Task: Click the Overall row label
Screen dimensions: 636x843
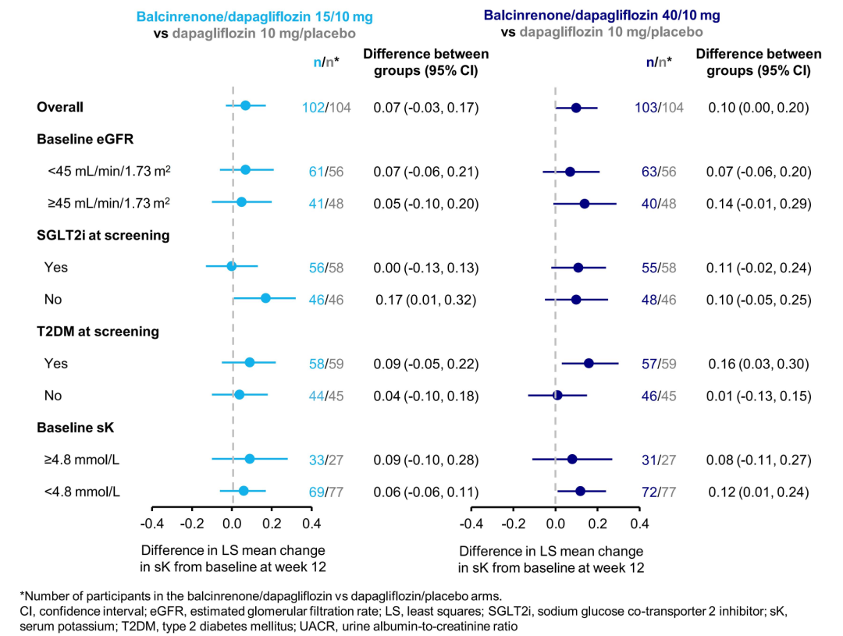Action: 60,108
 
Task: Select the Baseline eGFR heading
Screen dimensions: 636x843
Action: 85,140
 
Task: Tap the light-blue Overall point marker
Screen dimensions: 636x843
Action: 245,105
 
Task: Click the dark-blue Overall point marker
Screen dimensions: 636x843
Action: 576,108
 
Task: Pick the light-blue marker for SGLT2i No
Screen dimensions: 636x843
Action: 265,298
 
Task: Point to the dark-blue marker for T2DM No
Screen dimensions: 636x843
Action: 557,395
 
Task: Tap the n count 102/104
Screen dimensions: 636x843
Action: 326,108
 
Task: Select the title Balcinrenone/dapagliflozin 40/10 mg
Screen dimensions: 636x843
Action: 602,15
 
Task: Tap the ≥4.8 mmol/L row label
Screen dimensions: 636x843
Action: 82,459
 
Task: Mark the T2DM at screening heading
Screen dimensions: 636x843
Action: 98,332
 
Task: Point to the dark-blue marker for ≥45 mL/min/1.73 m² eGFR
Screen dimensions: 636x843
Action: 584,204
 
